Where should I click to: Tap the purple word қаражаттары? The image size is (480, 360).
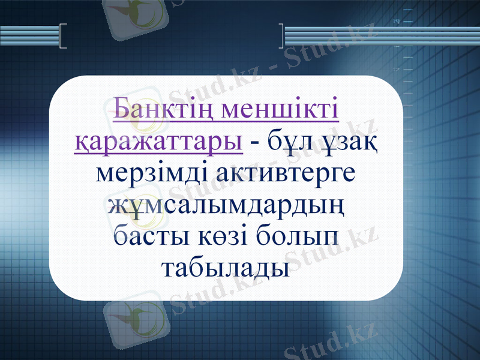pos(158,143)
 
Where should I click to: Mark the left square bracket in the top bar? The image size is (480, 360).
pos(64,35)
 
